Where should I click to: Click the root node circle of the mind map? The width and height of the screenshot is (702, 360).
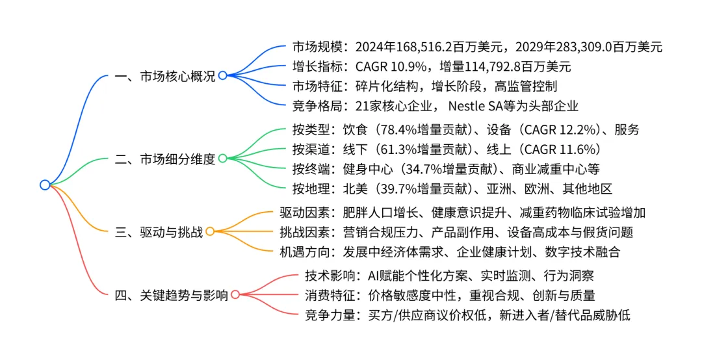tap(45, 185)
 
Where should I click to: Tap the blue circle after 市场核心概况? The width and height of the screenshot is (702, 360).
tap(222, 75)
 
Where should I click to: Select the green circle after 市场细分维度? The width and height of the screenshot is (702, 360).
tap(222, 158)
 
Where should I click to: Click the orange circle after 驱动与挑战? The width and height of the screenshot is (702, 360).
tap(210, 231)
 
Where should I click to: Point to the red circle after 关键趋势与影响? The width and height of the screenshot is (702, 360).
tap(235, 294)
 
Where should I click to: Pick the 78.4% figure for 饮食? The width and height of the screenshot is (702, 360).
tap(412, 129)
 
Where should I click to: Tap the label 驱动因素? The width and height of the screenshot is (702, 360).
tap(302, 212)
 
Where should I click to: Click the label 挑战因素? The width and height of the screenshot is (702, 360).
tap(302, 232)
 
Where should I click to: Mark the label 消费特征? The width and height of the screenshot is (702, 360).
tap(328, 295)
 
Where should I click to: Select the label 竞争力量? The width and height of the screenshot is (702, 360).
tap(328, 315)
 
